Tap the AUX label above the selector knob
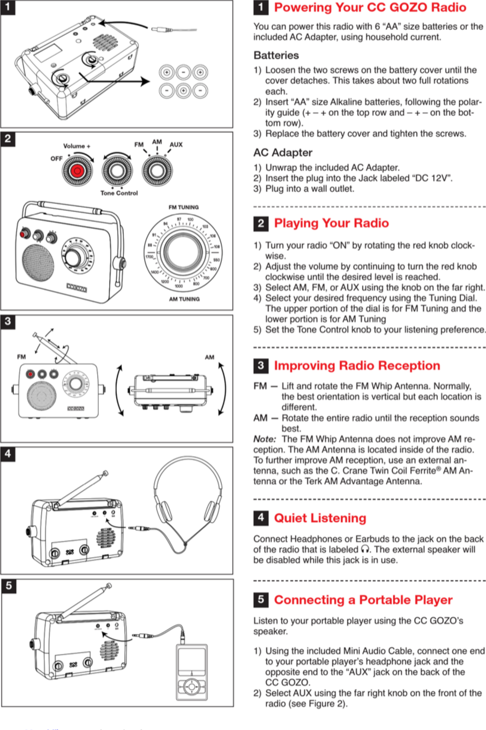click(176, 145)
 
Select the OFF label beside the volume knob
click(56, 159)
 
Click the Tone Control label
click(119, 193)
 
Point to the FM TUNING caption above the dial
click(183, 207)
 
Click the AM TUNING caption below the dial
click(184, 299)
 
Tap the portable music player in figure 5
click(192, 672)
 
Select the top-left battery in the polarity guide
click(166, 73)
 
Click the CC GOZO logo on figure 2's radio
click(77, 288)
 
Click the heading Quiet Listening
click(320, 518)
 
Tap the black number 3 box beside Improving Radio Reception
click(261, 366)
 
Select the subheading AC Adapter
click(283, 153)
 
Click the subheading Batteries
click(276, 55)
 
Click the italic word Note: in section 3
click(264, 439)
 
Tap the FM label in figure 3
click(21, 357)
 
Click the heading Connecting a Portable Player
click(363, 600)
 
